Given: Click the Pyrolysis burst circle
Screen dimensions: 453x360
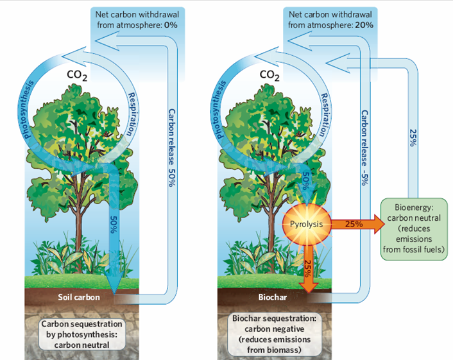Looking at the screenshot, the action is click(307, 224).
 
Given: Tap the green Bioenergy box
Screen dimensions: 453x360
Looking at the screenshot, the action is click(414, 229).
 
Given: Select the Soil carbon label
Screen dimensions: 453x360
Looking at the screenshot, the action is click(79, 297).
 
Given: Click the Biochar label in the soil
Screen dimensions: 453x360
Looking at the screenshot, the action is click(273, 297).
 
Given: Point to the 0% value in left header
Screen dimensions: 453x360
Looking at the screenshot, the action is click(171, 25).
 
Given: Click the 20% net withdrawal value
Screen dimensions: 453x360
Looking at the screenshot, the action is click(364, 25).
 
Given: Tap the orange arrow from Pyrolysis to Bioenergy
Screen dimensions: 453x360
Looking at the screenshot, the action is click(357, 224).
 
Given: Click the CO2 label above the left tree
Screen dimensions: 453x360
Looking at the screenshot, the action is click(77, 75).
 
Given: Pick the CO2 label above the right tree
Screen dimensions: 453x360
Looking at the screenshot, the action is click(269, 75).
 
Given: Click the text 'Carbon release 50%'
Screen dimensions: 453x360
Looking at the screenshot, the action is click(171, 148).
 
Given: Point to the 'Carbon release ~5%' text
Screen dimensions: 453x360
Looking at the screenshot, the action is click(364, 148).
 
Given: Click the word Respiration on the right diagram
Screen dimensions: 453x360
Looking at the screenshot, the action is click(325, 114).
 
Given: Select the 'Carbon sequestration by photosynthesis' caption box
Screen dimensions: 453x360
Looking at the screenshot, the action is click(81, 334).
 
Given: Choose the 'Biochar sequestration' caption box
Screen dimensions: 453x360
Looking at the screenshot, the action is click(274, 334).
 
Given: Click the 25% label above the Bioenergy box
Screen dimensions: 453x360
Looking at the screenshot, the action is click(413, 137).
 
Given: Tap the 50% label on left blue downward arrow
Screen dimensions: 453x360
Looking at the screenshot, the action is click(114, 225).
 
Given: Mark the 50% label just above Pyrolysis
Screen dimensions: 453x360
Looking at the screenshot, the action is click(307, 180).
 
